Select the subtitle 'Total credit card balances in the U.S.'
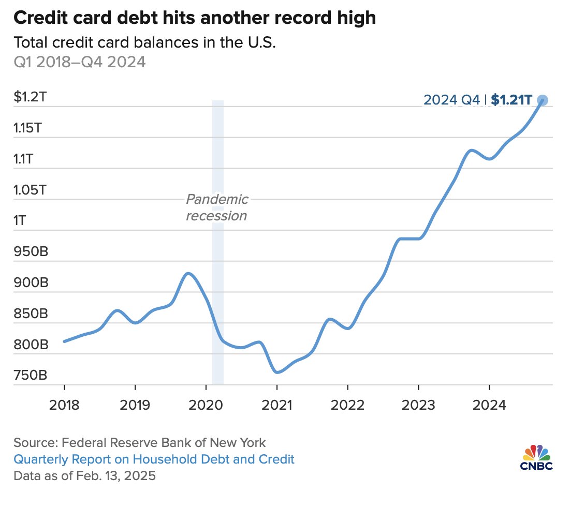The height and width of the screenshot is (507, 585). click(x=143, y=43)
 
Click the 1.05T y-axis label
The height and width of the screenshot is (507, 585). click(x=30, y=190)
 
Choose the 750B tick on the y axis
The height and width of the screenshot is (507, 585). click(x=30, y=375)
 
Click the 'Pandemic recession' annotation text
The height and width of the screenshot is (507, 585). click(x=217, y=207)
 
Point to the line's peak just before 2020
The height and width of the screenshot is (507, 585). click(x=188, y=273)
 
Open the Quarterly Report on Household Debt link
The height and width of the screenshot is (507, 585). click(x=154, y=459)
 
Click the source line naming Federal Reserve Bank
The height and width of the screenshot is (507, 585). click(x=140, y=443)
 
